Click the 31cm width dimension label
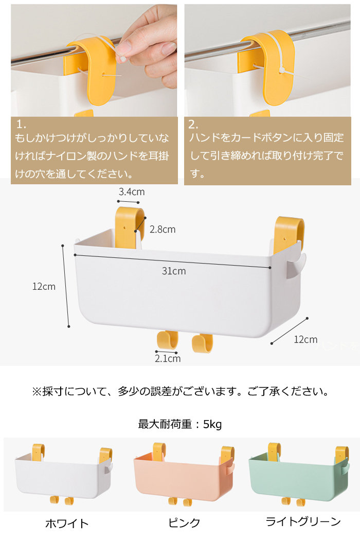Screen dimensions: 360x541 [x=174, y=271]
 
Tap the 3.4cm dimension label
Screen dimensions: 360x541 [x=132, y=192]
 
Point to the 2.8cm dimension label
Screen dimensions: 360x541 [x=163, y=230]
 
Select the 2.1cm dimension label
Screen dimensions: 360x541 [x=168, y=359]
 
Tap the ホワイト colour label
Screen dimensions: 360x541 [x=67, y=523]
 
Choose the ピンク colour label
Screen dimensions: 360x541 [x=184, y=522]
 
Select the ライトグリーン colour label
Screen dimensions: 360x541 [x=303, y=521]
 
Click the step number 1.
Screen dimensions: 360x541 [x=21, y=124]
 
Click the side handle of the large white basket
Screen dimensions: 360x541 [x=297, y=267]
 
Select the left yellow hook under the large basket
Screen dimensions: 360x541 [x=168, y=340]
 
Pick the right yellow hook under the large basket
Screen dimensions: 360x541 [x=203, y=343]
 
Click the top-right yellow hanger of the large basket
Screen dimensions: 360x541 [x=290, y=232]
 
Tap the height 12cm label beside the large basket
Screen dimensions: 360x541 [x=44, y=287]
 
